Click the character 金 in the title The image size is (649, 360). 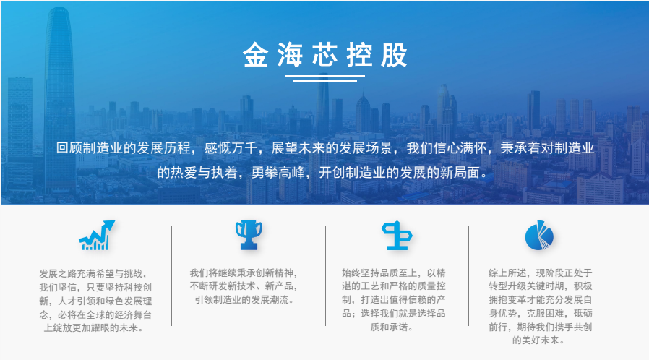click(255, 55)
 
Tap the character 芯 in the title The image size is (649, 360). click(325, 55)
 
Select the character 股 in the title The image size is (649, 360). click(394, 55)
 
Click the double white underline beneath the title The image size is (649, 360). click(325, 79)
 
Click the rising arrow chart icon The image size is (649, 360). click(97, 235)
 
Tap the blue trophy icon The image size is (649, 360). click(249, 235)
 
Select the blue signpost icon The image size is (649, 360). click(397, 236)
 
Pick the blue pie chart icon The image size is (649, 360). click(539, 235)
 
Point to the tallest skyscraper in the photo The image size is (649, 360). click(60, 99)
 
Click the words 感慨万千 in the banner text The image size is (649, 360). click(231, 148)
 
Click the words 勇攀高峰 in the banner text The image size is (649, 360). click(278, 173)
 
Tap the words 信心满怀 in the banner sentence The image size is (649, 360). click(460, 148)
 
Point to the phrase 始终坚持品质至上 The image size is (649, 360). click(379, 273)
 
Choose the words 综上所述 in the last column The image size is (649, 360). click(507, 273)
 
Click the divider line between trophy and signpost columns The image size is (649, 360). click(325, 275)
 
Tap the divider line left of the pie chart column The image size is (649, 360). click(468, 275)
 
